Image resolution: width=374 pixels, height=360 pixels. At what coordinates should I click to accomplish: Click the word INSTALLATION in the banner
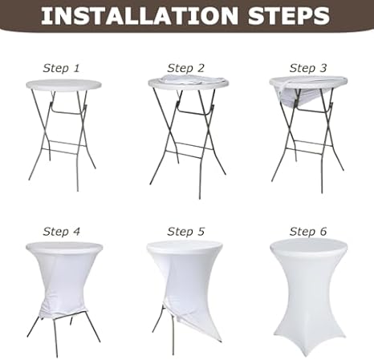[140, 16]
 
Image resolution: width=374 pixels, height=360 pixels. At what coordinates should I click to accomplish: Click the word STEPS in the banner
[289, 16]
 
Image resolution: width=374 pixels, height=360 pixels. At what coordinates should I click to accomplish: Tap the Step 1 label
[61, 68]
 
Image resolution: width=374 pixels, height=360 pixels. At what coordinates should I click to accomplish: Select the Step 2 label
[186, 68]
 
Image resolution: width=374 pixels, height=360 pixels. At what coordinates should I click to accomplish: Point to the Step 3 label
[308, 68]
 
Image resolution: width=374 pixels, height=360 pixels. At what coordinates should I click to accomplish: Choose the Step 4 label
[61, 231]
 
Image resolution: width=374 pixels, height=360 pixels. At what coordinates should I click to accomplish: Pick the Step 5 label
[186, 231]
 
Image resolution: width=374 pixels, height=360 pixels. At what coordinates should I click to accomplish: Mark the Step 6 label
[308, 231]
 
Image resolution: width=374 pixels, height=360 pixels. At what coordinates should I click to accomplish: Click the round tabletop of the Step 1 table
[63, 85]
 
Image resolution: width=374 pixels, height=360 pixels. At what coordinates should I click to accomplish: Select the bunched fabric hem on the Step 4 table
[63, 310]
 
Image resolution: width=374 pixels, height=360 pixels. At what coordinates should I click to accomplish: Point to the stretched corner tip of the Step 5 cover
[222, 342]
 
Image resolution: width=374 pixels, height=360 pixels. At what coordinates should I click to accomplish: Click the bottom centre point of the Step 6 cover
[307, 357]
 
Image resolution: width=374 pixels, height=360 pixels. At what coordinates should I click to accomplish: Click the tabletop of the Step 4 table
[64, 248]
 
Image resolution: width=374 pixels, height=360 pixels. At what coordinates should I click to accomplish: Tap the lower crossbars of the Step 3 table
[311, 144]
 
